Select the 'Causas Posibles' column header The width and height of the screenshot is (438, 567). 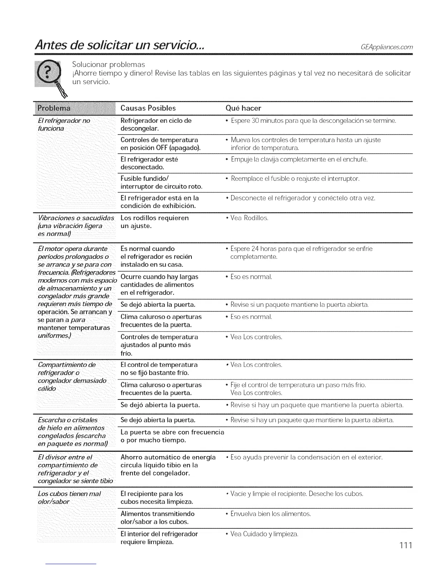148,108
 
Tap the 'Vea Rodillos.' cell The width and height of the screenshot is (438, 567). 249,218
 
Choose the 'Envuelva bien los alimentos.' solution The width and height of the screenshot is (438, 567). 271,514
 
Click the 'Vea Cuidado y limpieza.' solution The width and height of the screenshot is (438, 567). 264,534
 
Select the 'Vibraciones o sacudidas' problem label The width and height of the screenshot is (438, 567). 76,218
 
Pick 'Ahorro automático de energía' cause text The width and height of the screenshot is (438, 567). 168,457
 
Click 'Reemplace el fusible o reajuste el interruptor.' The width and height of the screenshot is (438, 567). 295,178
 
